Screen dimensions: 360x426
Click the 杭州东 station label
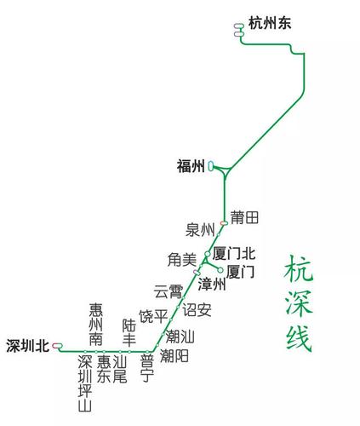tap(270, 25)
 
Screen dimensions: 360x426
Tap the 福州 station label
tap(190, 167)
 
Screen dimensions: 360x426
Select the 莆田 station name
tap(244, 218)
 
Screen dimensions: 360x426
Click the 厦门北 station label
tap(234, 254)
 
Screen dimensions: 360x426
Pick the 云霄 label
tap(168, 291)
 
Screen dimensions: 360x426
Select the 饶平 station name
tap(153, 316)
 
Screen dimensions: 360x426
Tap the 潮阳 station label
tap(174, 356)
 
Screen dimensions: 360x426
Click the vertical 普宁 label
tap(146, 366)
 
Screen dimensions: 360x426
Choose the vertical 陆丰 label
tap(129, 332)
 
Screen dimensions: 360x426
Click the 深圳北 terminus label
tap(27, 346)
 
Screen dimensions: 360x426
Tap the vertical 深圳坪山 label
tap(85, 383)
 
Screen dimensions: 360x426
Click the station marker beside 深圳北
tap(57, 346)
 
